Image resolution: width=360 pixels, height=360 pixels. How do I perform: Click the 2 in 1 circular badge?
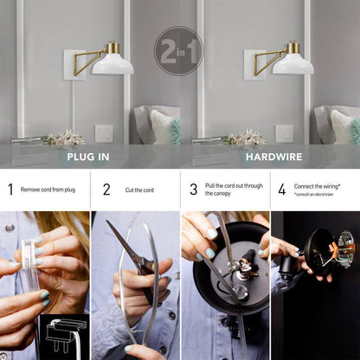179,51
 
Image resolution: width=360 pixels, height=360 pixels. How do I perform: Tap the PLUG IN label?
88,157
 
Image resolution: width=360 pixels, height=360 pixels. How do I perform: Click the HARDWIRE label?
274,157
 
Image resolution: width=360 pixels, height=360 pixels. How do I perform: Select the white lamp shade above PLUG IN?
112,64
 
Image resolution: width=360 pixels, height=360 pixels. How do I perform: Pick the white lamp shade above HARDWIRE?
293,64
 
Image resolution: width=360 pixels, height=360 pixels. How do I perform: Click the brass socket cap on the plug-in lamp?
112,47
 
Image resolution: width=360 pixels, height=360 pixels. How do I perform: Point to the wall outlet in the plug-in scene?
104,133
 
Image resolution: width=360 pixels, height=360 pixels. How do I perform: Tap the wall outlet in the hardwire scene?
285,133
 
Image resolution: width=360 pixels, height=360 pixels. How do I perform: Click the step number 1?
10,190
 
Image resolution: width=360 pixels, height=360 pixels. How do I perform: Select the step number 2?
106,190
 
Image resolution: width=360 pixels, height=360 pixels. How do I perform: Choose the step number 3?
194,190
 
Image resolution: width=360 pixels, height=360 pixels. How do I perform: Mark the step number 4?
282,190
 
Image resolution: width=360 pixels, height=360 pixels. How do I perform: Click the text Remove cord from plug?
48,190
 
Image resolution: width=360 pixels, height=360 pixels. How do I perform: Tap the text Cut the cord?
139,190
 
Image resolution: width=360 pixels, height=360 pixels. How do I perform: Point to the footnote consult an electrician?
313,195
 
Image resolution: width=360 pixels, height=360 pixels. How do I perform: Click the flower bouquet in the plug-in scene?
66,138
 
